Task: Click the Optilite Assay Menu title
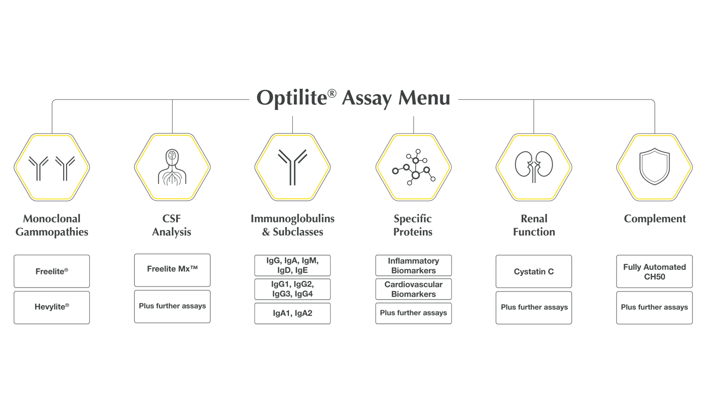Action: point(353,98)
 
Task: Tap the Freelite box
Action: point(52,271)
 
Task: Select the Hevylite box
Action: point(52,307)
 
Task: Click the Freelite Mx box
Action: point(172,269)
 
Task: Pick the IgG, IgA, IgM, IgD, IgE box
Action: point(292,265)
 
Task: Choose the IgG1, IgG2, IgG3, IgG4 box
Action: point(292,289)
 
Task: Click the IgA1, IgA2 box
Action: point(292,313)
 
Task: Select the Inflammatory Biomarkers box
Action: point(413,265)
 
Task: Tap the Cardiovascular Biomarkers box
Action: point(413,289)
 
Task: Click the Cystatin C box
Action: point(534,271)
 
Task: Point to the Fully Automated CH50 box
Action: point(654,271)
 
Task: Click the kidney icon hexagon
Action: point(534,166)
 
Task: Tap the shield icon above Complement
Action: point(654,166)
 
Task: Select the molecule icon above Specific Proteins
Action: point(414,166)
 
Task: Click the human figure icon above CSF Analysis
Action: point(172,166)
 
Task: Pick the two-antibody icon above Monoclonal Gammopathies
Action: point(52,166)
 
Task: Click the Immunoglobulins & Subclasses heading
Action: point(292,225)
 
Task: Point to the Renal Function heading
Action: point(534,225)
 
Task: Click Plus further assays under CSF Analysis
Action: point(172,306)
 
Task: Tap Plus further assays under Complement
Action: point(654,307)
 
